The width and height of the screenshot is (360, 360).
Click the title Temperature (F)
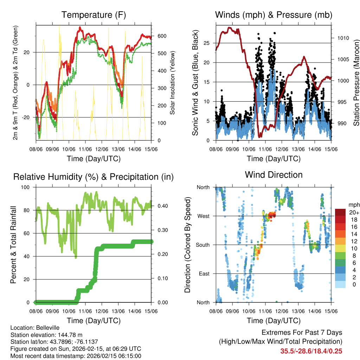(x=94, y=15)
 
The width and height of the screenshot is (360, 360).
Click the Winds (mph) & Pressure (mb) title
(x=274, y=15)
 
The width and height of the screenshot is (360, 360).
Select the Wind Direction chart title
(x=274, y=175)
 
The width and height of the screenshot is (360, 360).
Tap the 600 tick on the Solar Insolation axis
(x=162, y=36)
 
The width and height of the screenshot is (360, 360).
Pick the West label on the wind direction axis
(x=203, y=216)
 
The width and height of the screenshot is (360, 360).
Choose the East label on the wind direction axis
(x=204, y=274)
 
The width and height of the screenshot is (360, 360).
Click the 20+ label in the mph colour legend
(x=353, y=212)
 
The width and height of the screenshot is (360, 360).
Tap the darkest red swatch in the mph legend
(x=340, y=212)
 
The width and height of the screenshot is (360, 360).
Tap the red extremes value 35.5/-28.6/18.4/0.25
(x=311, y=351)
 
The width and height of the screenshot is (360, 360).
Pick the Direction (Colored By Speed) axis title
(x=187, y=245)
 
